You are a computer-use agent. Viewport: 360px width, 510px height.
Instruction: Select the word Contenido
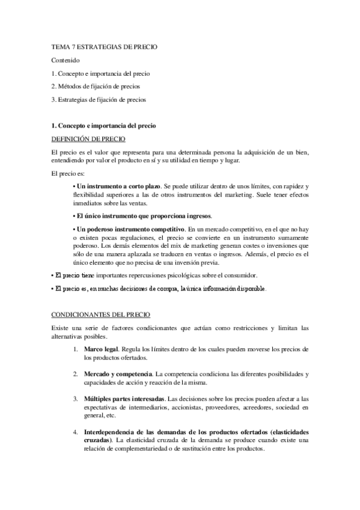(x=65, y=60)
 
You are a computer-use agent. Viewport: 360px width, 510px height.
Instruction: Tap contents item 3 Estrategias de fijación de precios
(x=99, y=99)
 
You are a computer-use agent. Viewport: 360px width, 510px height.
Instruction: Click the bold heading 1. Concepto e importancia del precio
(x=104, y=126)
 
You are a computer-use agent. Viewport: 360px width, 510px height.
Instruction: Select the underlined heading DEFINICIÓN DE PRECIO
(x=88, y=138)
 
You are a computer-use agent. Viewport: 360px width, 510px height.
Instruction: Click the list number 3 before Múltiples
(x=75, y=399)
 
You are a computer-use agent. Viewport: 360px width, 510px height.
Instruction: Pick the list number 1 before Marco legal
(x=75, y=349)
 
